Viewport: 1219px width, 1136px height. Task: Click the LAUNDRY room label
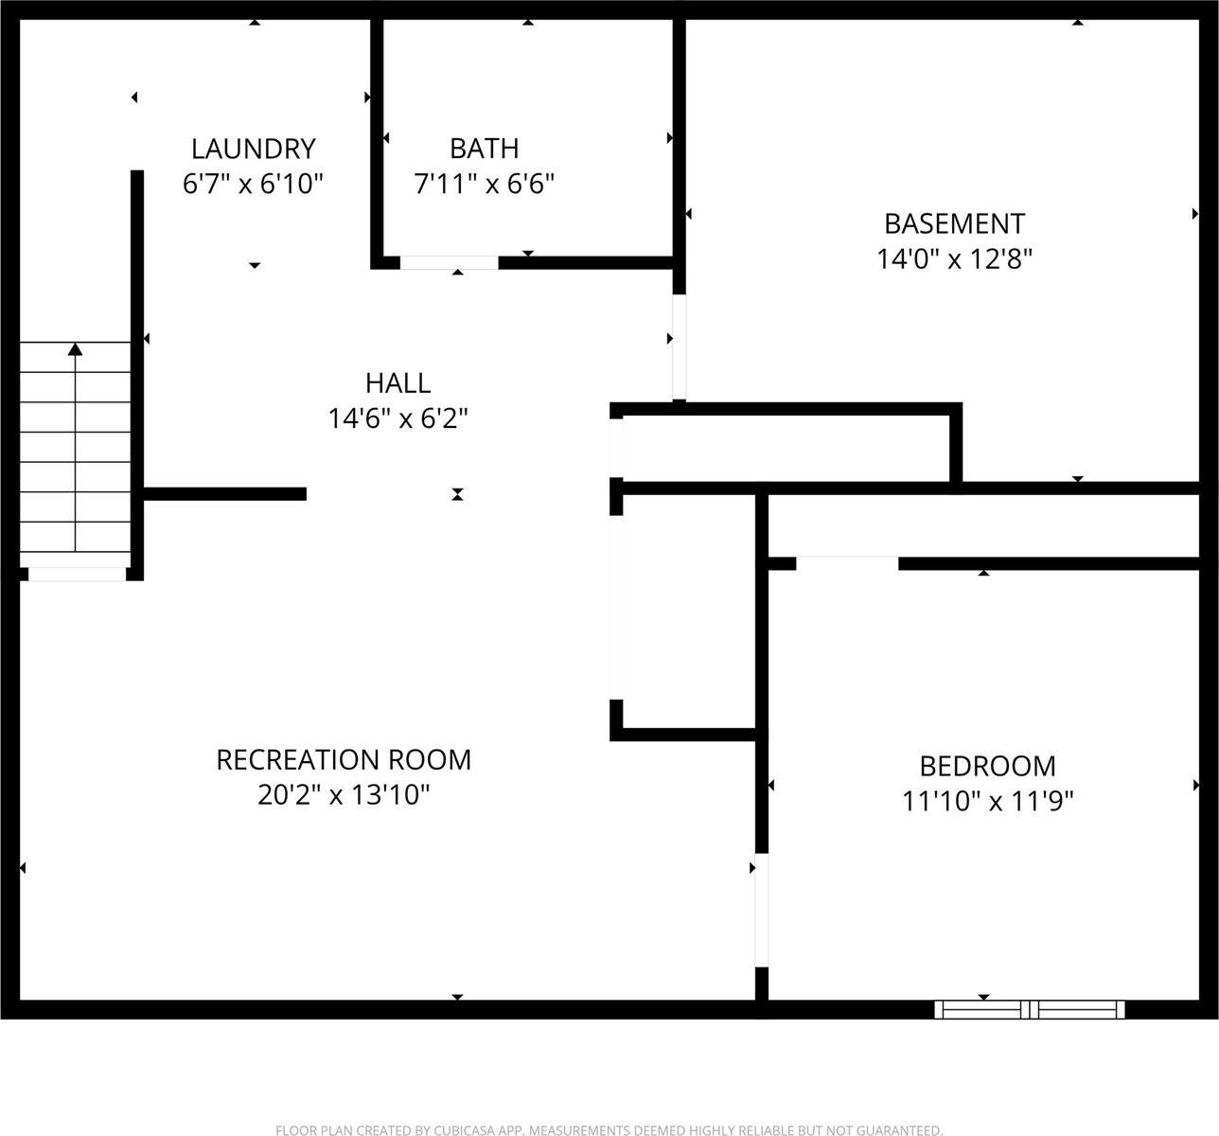[253, 149]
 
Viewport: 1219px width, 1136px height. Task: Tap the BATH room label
[484, 149]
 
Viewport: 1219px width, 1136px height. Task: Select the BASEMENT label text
[954, 223]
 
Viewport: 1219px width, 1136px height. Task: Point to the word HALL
[397, 383]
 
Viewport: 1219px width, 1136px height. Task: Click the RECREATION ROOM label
[344, 760]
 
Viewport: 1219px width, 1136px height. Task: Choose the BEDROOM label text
[987, 766]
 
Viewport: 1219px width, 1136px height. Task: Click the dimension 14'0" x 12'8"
[954, 259]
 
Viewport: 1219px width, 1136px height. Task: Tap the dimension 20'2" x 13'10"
[344, 795]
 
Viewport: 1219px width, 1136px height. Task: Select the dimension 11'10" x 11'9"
[987, 802]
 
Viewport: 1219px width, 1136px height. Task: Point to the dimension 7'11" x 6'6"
[484, 184]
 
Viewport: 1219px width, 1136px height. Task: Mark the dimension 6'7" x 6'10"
[253, 184]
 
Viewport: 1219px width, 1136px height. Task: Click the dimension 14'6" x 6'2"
[397, 418]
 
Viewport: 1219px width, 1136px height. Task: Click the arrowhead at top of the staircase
[75, 349]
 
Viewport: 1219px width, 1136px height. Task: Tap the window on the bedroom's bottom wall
[1030, 1009]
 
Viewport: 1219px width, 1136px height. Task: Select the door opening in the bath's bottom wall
[449, 262]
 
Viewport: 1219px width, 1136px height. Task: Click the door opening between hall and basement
[679, 346]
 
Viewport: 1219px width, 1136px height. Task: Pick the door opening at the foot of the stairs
[77, 574]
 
